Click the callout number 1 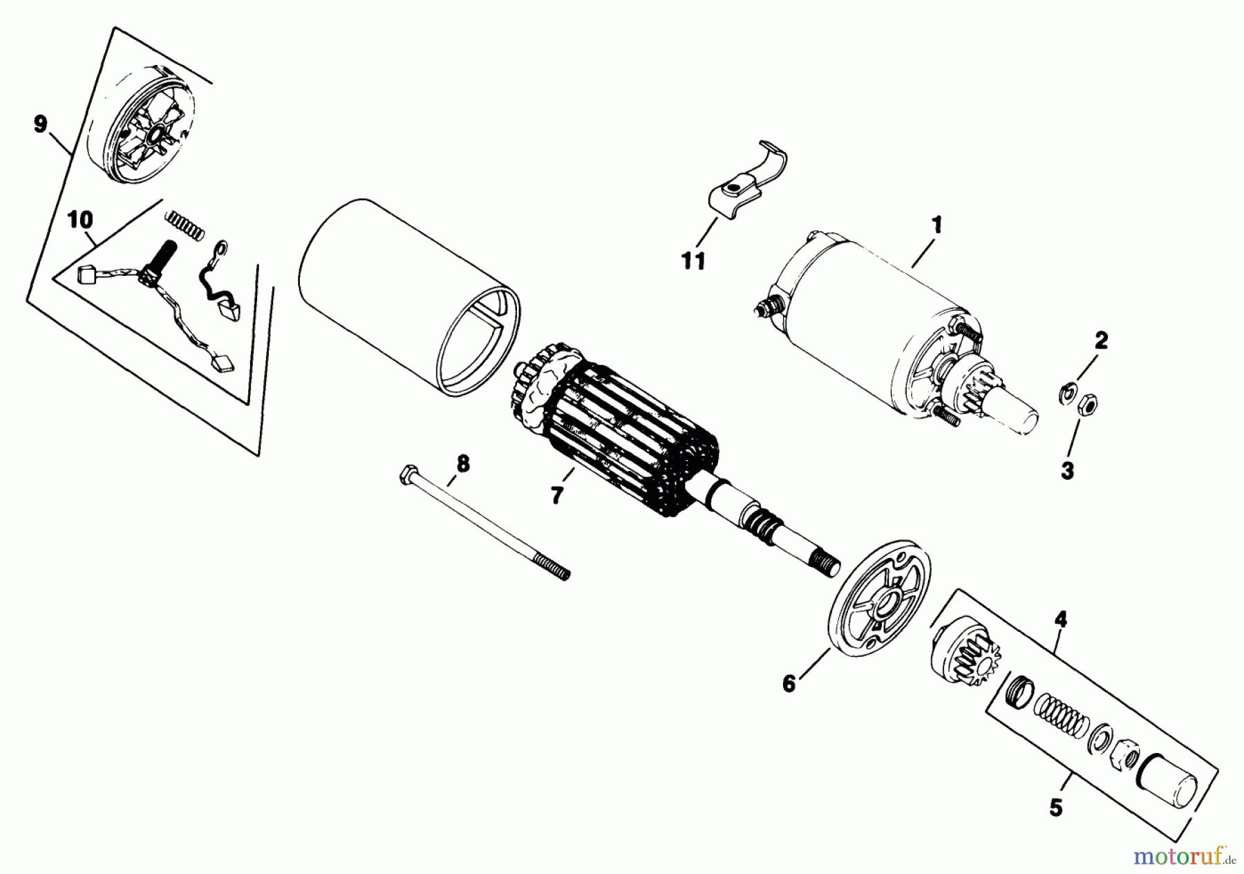point(936,225)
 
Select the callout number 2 point(1100,340)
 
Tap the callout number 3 point(1067,471)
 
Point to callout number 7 point(557,495)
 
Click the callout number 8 point(462,464)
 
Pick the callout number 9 point(40,124)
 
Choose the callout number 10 point(80,221)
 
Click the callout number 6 point(789,683)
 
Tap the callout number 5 point(1055,807)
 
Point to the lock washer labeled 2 point(1065,393)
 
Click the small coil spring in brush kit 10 point(184,225)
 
